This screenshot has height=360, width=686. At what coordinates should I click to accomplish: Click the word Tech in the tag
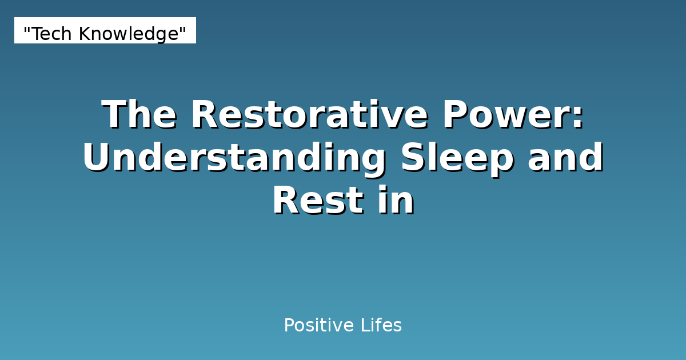(52, 34)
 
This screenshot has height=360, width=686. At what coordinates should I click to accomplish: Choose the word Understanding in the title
(234, 158)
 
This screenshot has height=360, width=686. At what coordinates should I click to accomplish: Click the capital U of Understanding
(98, 158)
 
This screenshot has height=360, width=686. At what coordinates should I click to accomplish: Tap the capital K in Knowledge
(83, 34)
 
